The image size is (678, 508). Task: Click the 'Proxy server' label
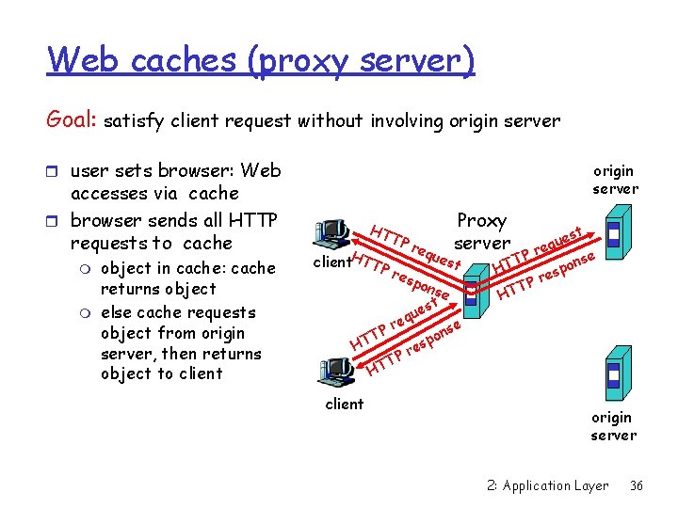pos(481,231)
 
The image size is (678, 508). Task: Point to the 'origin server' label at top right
pos(615,180)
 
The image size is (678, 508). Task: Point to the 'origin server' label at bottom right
pos(612,426)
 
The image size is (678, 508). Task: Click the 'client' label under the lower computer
pos(344,405)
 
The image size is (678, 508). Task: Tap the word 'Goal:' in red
pos(73,120)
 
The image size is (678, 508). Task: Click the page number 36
pos(637,486)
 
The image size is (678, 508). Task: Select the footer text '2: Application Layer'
pos(549,486)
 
